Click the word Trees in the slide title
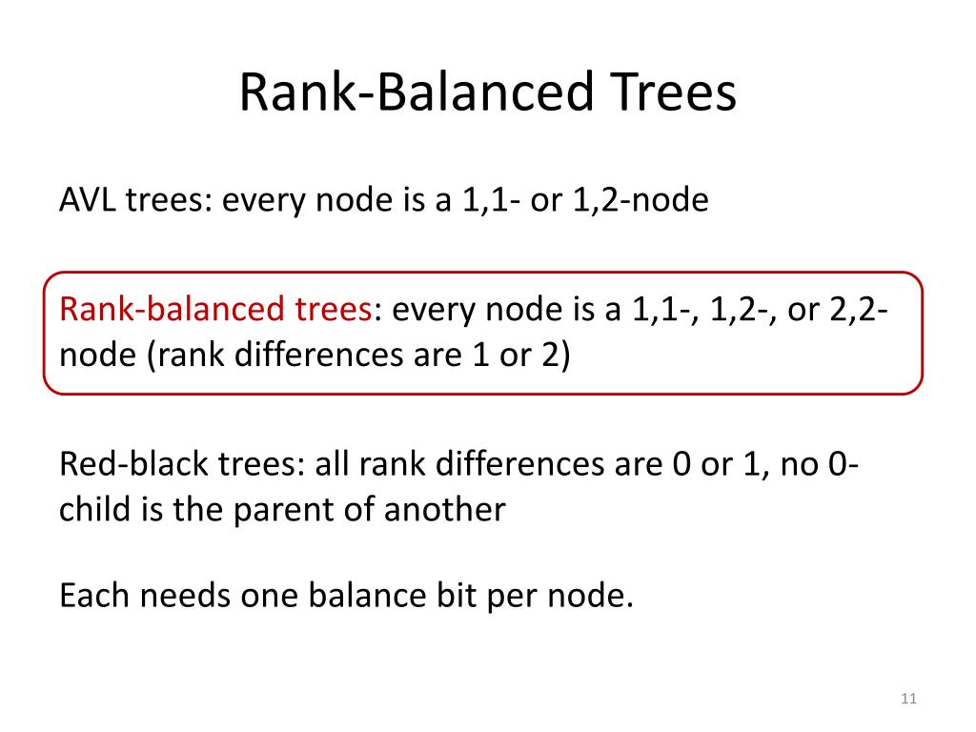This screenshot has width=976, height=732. pyautogui.click(x=674, y=92)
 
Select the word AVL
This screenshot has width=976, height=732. pyautogui.click(x=87, y=200)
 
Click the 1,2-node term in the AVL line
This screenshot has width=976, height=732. pyautogui.click(x=640, y=200)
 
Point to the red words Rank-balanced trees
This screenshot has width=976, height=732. pyautogui.click(x=215, y=309)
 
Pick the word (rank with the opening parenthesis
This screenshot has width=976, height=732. pyautogui.click(x=186, y=356)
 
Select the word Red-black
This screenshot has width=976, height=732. pyautogui.click(x=133, y=464)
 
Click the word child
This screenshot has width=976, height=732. pyautogui.click(x=94, y=509)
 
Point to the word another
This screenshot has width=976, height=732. pyautogui.click(x=444, y=510)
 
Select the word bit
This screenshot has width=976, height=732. pyautogui.click(x=457, y=595)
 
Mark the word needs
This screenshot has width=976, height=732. pyautogui.click(x=186, y=597)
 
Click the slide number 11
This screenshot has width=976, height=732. pyautogui.click(x=908, y=699)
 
